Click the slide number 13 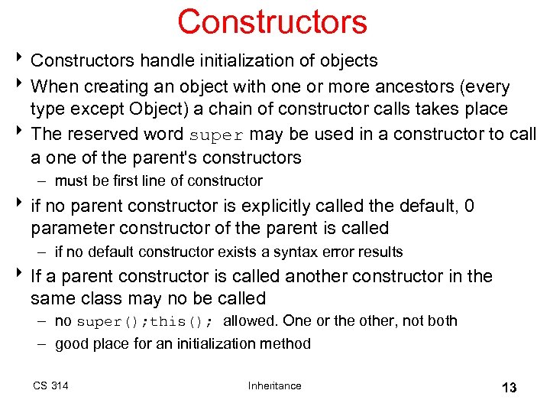(x=509, y=388)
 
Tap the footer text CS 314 (x=50, y=385)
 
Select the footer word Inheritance (x=274, y=385)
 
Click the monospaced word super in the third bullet (x=217, y=135)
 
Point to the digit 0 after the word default (x=470, y=206)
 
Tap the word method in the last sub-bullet (x=289, y=343)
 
